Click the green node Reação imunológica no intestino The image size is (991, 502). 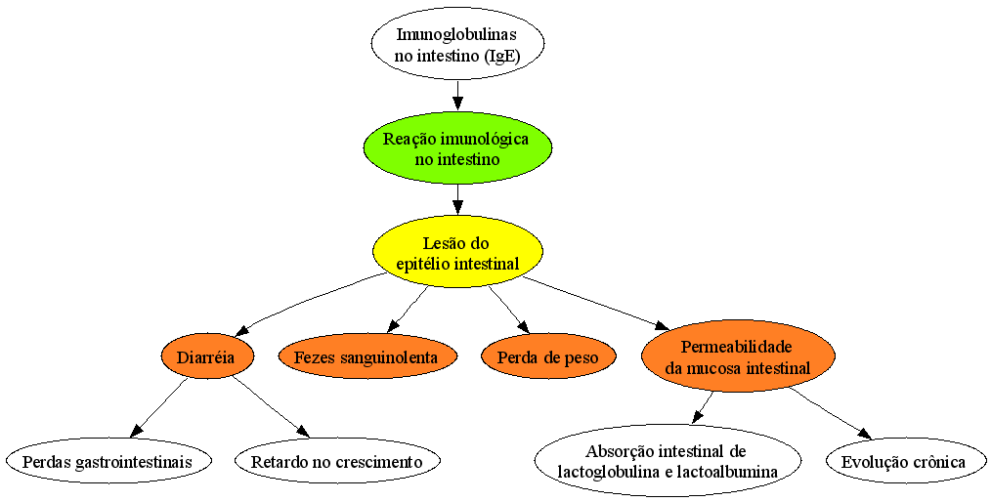(457, 147)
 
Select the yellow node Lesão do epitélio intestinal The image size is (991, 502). (457, 253)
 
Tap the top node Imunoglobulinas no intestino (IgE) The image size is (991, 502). (457, 44)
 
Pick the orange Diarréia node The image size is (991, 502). (206, 357)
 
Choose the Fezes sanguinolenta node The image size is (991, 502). (366, 357)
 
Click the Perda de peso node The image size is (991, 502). (547, 357)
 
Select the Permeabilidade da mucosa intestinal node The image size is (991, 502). (737, 356)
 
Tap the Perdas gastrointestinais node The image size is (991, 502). (107, 461)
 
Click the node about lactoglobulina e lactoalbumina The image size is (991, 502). (666, 461)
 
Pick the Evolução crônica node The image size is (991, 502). (903, 461)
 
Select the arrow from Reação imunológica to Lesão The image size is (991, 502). (458, 200)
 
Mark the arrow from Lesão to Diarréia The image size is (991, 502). (310, 300)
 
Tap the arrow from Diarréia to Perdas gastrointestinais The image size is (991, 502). (159, 408)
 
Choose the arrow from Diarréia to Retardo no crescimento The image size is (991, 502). (271, 406)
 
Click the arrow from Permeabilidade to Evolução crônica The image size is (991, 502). (829, 413)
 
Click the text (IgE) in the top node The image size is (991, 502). (501, 55)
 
